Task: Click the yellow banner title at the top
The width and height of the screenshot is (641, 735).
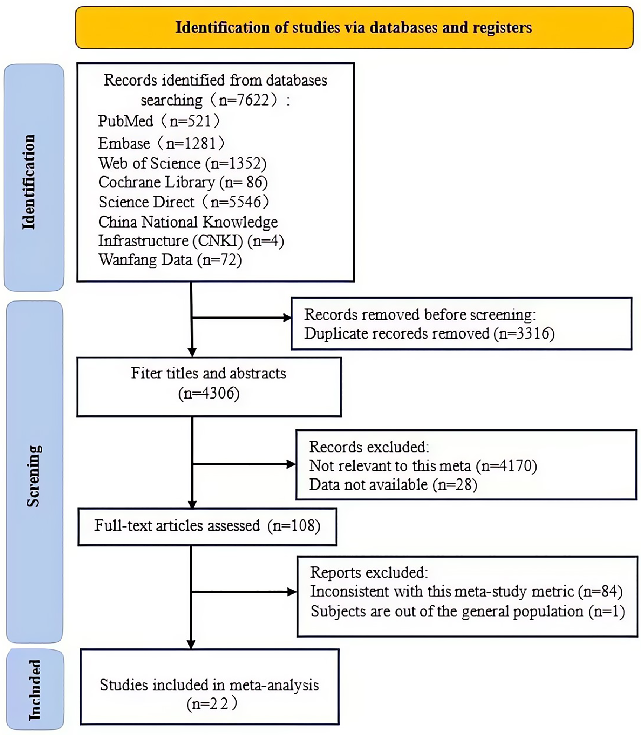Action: [x=353, y=28]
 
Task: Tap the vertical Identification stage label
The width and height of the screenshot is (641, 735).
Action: [x=29, y=182]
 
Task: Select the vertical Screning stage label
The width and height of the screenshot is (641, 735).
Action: [x=33, y=476]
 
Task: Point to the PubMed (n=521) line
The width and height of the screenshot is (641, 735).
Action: [x=159, y=121]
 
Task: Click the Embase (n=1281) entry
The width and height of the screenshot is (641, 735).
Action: [x=161, y=143]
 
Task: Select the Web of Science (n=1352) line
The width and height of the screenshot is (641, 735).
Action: [x=182, y=163]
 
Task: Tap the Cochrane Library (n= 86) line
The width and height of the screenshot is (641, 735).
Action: [x=183, y=182]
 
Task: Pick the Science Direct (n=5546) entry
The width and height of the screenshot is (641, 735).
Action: [x=184, y=202]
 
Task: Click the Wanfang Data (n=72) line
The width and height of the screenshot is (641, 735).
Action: [x=170, y=259]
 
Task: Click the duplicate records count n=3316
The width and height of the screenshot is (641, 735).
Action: [x=524, y=333]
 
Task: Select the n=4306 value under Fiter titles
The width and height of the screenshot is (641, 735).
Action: [x=209, y=393]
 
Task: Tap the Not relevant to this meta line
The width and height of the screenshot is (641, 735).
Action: [x=423, y=465]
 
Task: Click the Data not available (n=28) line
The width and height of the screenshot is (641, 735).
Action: [x=393, y=485]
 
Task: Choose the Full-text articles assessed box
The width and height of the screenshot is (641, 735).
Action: [x=207, y=526]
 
